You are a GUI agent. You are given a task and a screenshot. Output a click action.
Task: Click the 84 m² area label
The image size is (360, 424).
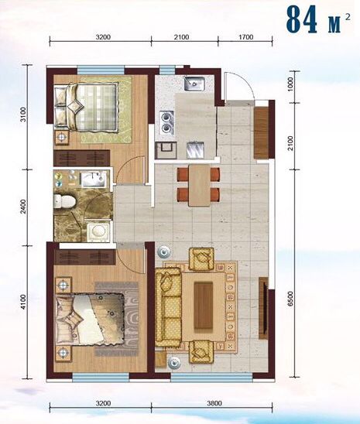pos(318,19)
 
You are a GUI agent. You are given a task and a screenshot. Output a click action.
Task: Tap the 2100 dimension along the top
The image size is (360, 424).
pos(181,37)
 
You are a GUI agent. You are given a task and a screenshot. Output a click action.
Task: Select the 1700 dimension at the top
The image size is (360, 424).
pos(245,37)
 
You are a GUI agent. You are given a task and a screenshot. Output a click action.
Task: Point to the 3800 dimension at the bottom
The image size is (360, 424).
pos(214,403)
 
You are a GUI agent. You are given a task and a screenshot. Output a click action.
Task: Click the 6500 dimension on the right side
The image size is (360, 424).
pos(290,299)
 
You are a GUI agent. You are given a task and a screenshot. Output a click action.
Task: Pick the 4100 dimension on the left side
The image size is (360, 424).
pos(23,302)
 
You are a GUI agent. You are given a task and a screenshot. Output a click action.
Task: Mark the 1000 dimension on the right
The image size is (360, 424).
pos(290,84)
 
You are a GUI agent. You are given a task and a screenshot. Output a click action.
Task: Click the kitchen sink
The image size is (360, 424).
pos(194,84)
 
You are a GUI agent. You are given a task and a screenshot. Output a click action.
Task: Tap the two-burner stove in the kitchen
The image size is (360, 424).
pos(166,122)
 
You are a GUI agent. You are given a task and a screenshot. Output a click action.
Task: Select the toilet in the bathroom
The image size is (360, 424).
pos(64,201)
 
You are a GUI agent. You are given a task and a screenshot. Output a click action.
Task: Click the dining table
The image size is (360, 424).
pos(199,185)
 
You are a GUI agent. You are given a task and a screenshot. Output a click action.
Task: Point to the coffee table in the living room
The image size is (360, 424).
pos(204,306)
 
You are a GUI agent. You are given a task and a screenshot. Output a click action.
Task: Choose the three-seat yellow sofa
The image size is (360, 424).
pos(168,307)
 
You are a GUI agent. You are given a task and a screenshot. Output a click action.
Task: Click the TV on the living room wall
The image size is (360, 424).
pos(264,308)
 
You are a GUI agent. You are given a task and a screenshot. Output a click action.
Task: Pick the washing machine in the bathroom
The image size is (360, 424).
pos(98,231)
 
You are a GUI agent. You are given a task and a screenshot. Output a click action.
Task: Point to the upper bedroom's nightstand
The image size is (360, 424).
pos(63,138)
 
